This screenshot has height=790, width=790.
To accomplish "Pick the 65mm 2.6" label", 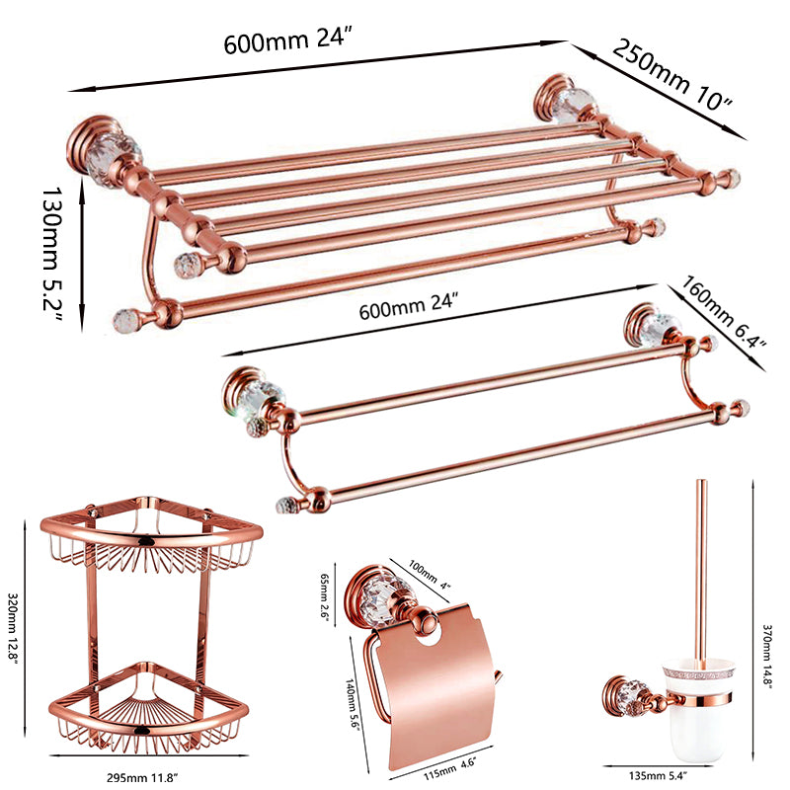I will click(329, 598).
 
